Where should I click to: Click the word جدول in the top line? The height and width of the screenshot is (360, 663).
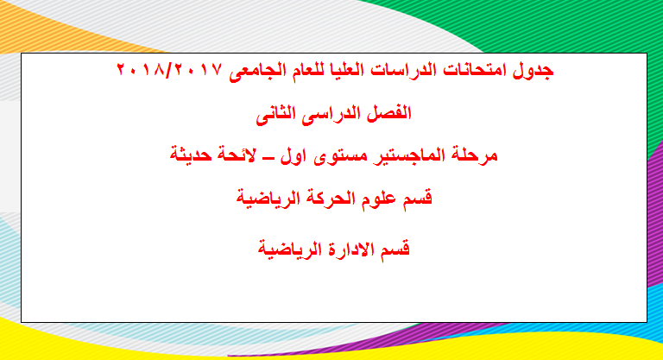(x=534, y=70)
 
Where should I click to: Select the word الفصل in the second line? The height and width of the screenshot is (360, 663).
(x=390, y=113)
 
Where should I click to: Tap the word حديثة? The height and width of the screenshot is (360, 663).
(x=191, y=155)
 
